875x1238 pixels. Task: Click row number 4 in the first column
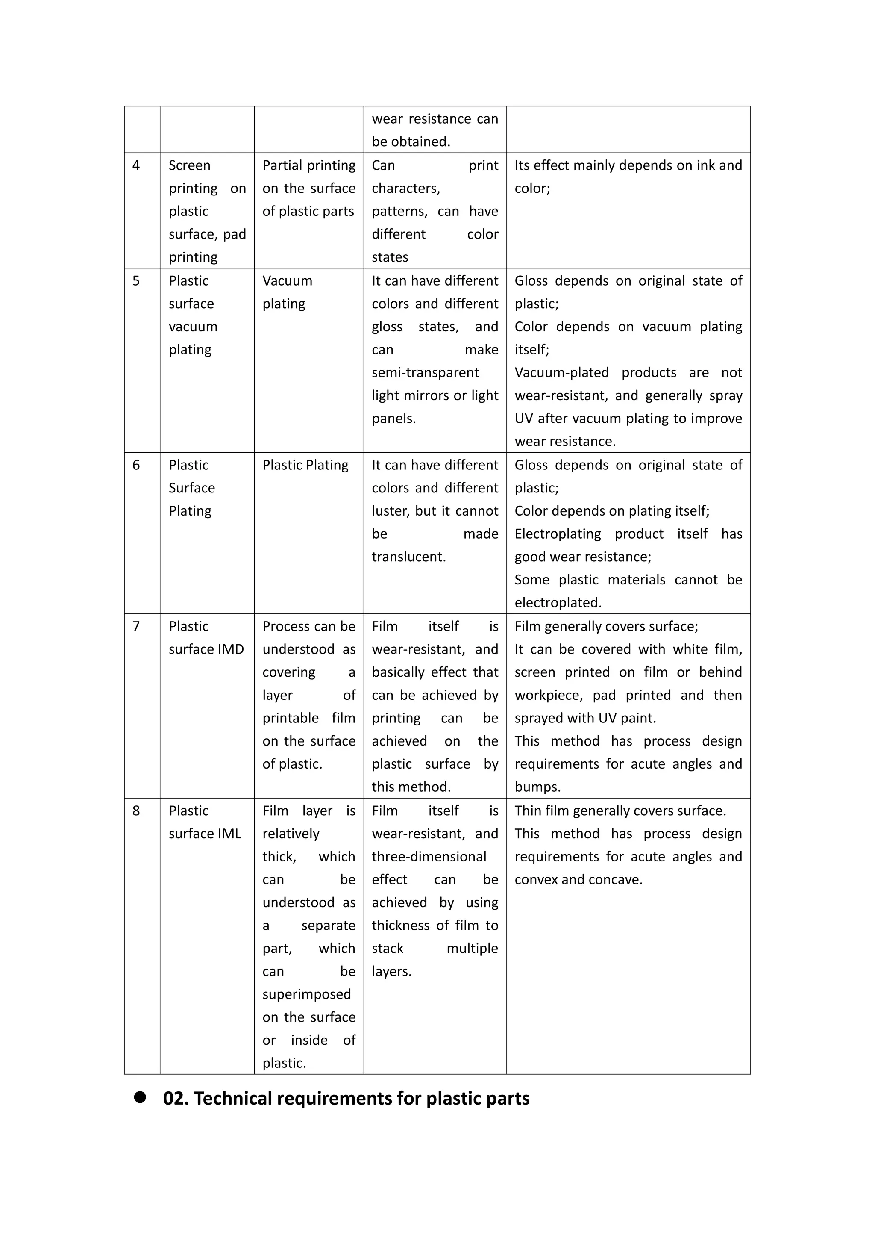point(136,165)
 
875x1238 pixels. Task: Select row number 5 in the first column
point(136,281)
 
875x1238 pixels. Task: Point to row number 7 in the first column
point(136,627)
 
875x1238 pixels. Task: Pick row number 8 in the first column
point(136,811)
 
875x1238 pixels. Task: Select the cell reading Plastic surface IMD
point(206,638)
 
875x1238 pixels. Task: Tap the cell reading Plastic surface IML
point(205,822)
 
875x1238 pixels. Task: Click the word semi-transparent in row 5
point(425,373)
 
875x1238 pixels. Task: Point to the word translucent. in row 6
point(408,557)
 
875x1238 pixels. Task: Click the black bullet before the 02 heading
point(140,1098)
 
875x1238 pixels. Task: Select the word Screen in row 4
point(189,165)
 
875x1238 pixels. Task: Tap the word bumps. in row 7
point(537,787)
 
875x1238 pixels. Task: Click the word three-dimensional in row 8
point(429,857)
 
